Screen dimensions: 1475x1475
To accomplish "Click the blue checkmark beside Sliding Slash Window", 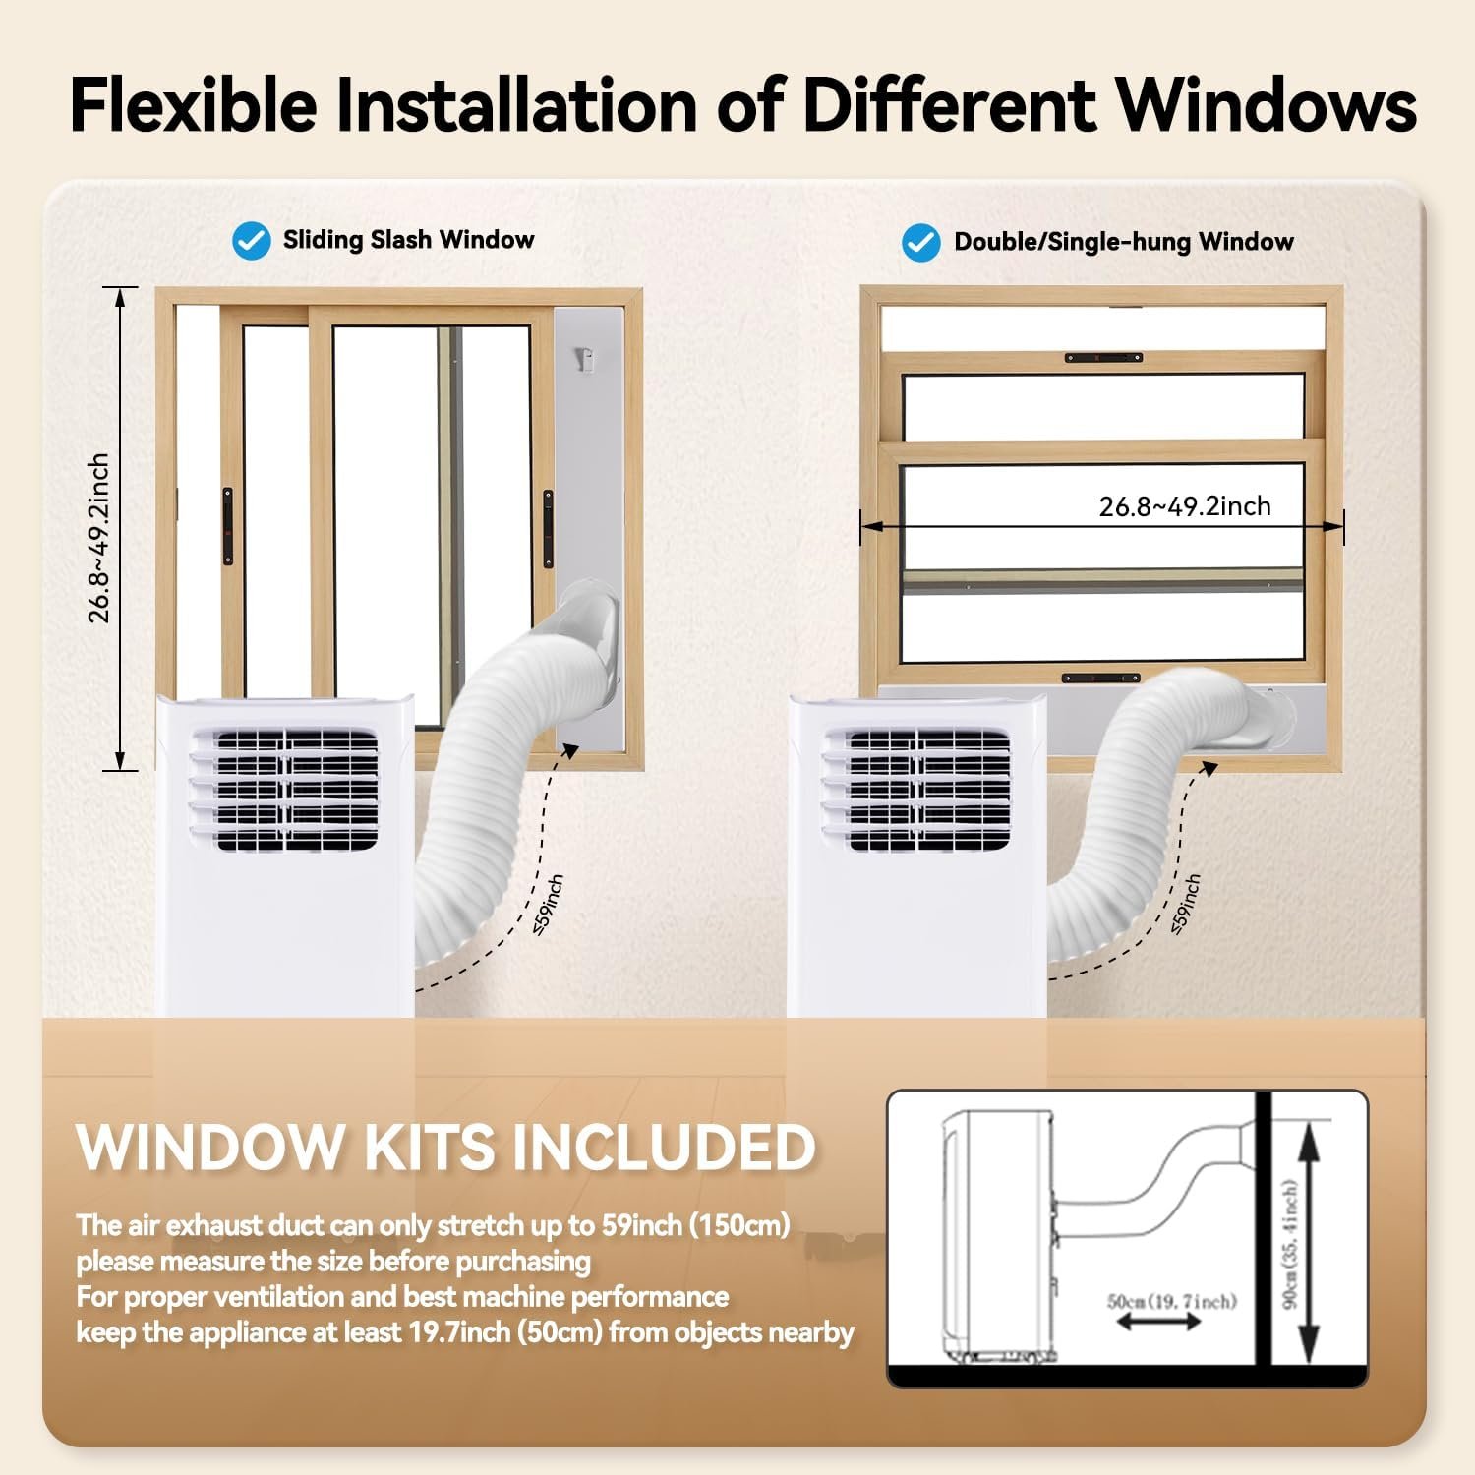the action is click(251, 241).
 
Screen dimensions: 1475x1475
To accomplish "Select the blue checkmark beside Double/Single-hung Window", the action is click(921, 243).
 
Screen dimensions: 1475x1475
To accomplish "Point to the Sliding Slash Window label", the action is click(408, 240).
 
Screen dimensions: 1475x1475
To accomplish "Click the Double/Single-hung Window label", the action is click(1124, 242).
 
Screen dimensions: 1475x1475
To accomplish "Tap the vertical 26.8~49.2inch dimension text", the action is click(98, 538).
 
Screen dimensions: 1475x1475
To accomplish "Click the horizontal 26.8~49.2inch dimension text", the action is click(1185, 505).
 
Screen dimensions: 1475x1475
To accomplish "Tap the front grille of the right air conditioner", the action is click(916, 790).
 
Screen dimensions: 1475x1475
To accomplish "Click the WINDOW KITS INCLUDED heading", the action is click(446, 1146).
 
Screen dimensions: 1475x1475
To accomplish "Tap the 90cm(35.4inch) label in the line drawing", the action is click(1290, 1245).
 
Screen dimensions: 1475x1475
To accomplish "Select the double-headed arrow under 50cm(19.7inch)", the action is click(1159, 1323).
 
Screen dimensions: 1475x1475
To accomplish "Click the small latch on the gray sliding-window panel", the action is click(587, 358).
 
